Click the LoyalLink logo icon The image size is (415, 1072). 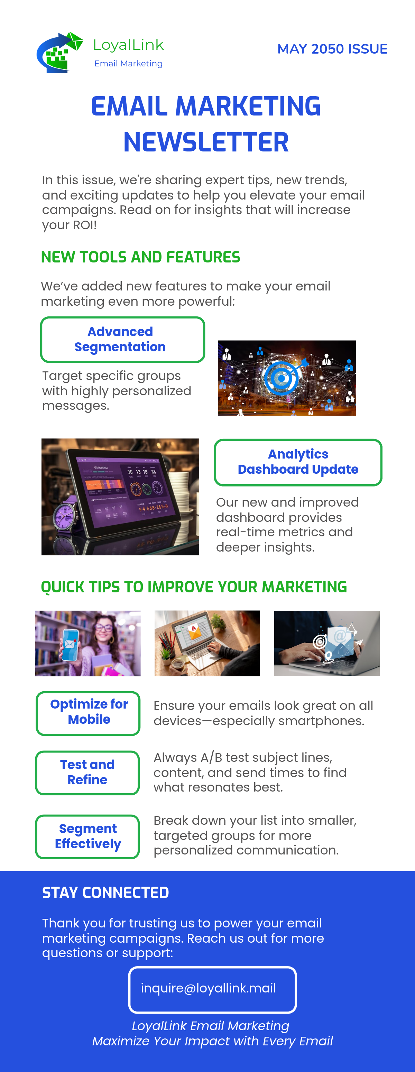point(59,53)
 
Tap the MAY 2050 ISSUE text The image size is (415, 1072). point(332,49)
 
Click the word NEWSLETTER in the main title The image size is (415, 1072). point(206,142)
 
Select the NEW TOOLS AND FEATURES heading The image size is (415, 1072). point(140,257)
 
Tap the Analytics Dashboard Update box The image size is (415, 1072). point(298,462)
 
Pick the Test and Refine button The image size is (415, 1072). point(87,773)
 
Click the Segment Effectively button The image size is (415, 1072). point(87,837)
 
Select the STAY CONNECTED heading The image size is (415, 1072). point(105,893)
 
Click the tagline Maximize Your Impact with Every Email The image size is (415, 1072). point(212,1041)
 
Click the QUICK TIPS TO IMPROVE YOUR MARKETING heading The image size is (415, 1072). point(194,587)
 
